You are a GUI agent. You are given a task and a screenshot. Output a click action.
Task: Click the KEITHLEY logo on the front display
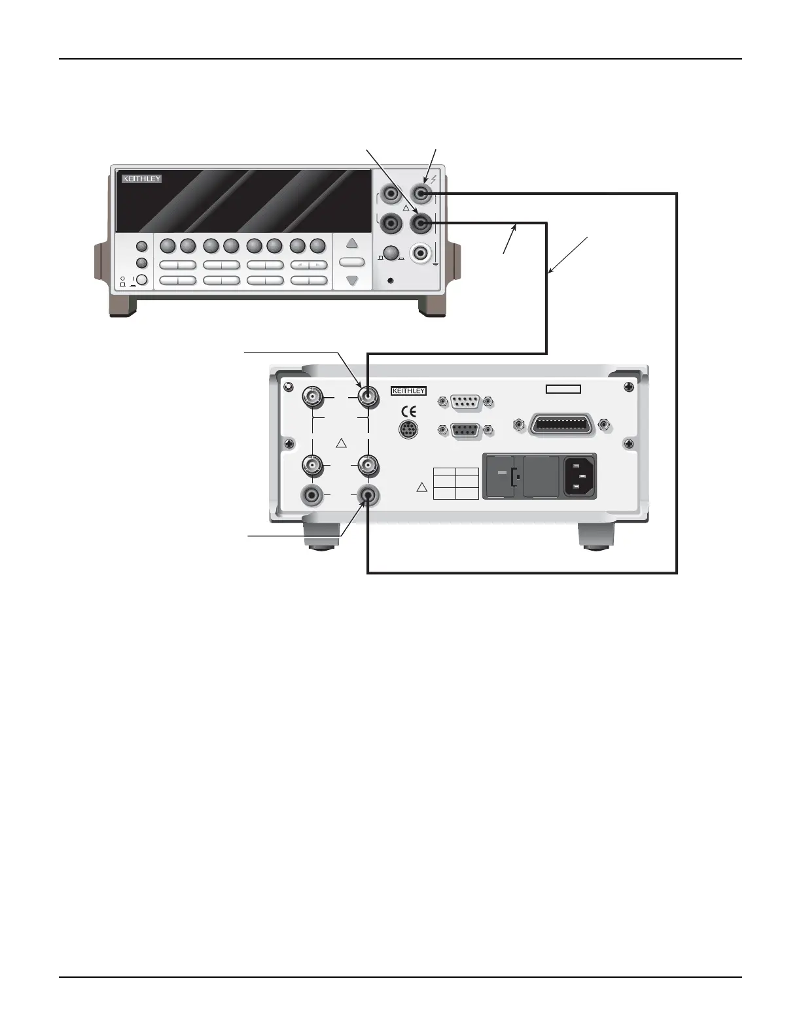(141, 179)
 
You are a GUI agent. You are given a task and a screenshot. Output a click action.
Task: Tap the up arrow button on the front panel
(352, 243)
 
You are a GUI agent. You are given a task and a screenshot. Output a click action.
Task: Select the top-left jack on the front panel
(391, 194)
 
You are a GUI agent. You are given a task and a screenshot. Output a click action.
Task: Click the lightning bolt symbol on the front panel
(433, 179)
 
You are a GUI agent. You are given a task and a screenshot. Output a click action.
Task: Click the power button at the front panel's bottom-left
(141, 280)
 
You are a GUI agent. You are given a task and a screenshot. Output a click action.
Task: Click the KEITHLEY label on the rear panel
(408, 391)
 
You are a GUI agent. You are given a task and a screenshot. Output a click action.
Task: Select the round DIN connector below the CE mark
(408, 430)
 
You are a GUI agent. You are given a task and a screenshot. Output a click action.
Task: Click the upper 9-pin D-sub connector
(465, 402)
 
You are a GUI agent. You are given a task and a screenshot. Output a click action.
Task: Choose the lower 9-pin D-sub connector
(465, 430)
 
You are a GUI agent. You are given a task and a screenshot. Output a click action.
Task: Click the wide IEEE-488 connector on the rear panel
(563, 424)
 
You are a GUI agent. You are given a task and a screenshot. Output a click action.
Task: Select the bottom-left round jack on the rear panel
(311, 495)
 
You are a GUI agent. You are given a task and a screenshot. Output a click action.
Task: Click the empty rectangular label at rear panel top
(563, 389)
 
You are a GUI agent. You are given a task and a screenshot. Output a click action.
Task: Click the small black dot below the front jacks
(391, 281)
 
